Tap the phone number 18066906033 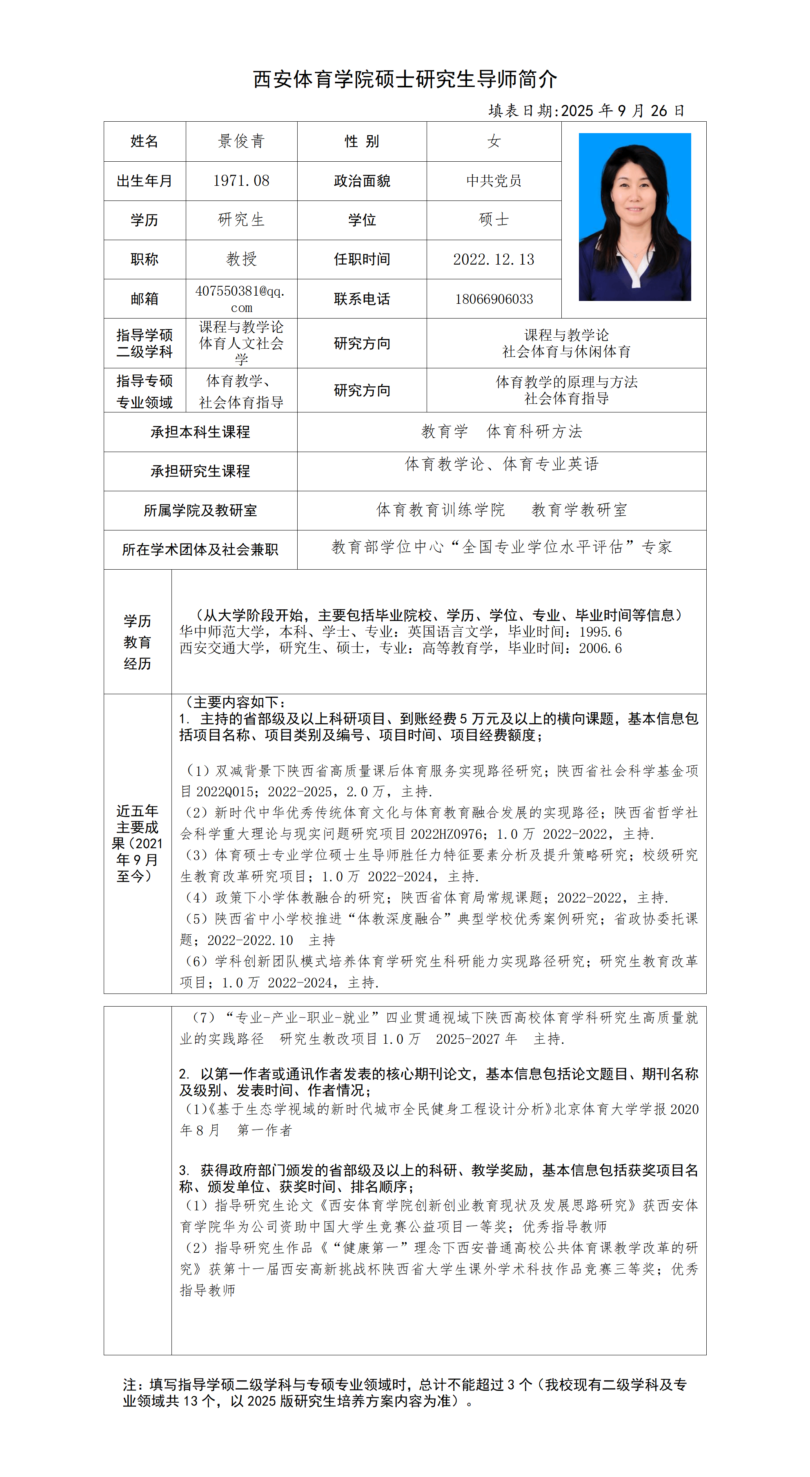tap(494, 299)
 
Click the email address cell tap(241, 299)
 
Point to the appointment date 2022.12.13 tap(494, 260)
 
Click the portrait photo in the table tap(634, 217)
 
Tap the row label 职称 tap(145, 260)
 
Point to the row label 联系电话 tap(362, 299)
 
